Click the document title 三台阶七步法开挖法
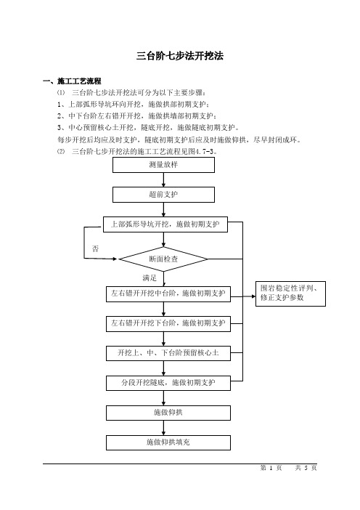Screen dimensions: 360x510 coord(180,56)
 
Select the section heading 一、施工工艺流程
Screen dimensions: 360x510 coord(72,81)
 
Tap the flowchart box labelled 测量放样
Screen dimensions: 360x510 coord(163,165)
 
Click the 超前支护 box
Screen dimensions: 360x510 coord(163,195)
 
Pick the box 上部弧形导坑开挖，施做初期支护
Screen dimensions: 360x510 coord(165,224)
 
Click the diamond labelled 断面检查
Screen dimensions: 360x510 coord(163,259)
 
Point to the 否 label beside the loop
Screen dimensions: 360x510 coord(95,248)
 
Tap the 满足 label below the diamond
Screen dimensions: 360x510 coord(150,278)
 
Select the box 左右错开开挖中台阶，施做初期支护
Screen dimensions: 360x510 coord(168,294)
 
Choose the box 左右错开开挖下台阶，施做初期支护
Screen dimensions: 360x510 coord(168,323)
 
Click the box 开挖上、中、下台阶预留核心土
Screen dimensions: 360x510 coord(168,353)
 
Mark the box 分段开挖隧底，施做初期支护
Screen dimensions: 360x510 coord(168,383)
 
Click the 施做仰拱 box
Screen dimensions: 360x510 coord(168,413)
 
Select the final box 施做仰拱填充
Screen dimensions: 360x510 coord(168,442)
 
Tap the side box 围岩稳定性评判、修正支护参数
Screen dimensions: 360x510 coord(290,294)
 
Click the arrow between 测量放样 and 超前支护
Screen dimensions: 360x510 coord(163,180)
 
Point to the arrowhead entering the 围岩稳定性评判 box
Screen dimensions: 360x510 coord(254,296)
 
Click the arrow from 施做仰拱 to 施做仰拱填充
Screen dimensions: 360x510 coord(163,428)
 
